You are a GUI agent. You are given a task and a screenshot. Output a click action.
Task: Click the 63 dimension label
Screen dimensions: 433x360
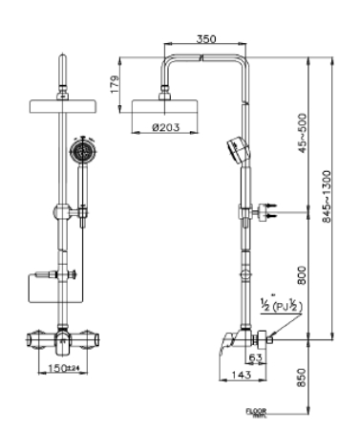256,358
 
